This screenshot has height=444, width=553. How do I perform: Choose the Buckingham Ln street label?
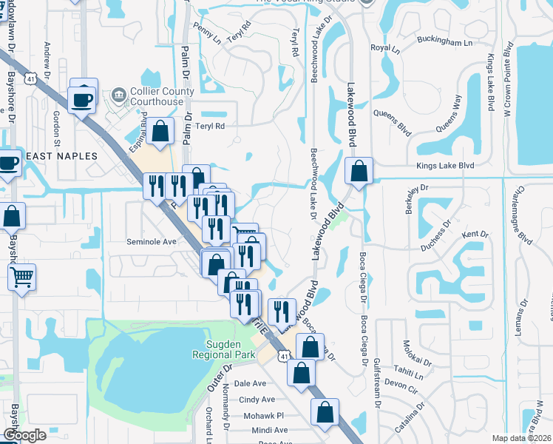coord(444,43)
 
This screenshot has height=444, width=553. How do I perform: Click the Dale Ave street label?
coord(250,383)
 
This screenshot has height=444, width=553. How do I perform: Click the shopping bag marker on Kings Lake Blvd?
coord(359,171)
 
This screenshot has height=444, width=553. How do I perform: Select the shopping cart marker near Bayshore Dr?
coord(22,277)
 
